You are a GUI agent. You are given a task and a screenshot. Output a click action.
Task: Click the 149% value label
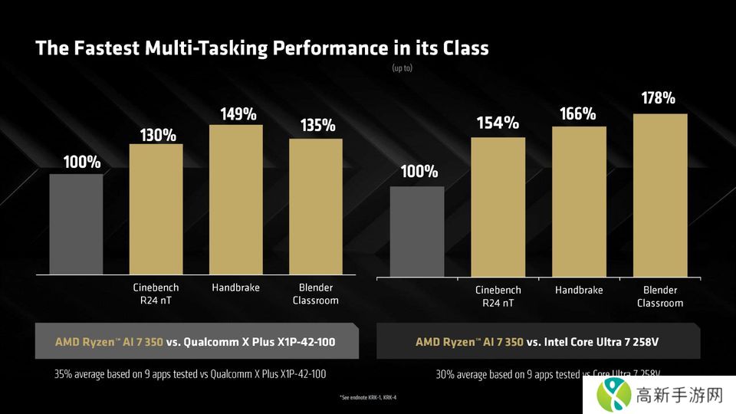point(238,115)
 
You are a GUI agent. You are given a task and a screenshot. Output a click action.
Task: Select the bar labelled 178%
point(660,196)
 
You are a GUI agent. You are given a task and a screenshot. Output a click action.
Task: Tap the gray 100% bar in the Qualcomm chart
point(76,224)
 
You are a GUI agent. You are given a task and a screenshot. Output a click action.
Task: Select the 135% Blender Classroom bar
point(315,206)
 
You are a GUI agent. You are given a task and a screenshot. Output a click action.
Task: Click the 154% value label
point(498,123)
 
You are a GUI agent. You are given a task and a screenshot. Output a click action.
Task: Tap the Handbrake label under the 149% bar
point(235,287)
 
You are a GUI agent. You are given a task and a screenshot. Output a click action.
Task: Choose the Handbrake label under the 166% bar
point(579,290)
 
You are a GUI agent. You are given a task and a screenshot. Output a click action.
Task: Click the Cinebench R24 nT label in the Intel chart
point(498,296)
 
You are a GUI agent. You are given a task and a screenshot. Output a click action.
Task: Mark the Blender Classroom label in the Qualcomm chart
point(315,294)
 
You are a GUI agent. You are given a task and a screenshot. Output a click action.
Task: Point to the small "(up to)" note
point(402,68)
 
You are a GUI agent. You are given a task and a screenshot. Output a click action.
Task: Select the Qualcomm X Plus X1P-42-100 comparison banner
point(196,341)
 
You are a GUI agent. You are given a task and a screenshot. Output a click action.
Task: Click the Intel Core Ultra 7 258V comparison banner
point(537,342)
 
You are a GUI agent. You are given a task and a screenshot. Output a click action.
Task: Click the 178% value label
point(658,98)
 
